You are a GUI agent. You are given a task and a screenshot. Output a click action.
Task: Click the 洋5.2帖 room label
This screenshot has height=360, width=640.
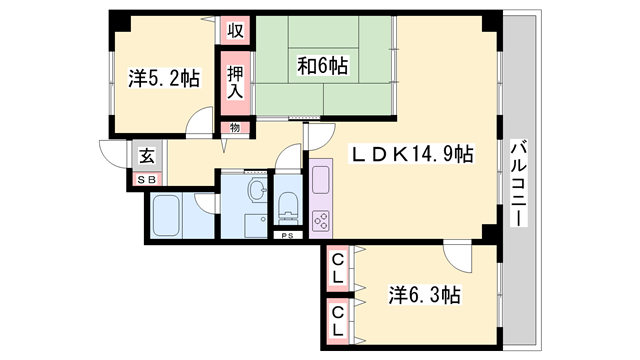click(162, 77)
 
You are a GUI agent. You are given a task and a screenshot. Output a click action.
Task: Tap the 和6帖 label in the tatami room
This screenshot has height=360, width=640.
click(322, 66)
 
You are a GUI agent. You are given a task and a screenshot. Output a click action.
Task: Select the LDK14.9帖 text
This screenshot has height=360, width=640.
click(410, 154)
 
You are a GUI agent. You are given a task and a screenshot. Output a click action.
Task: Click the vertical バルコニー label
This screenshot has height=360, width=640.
click(519, 186)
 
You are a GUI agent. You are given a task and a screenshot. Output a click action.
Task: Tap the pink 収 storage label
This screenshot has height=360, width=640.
click(235, 30)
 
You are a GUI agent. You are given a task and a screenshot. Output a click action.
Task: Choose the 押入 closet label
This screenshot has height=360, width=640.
click(235, 82)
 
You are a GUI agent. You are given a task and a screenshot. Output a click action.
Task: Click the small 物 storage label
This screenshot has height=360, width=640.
click(235, 127)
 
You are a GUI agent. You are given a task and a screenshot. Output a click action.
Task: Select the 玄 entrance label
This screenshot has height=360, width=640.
click(146, 155)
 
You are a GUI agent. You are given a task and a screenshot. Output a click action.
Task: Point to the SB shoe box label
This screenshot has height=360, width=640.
click(146, 180)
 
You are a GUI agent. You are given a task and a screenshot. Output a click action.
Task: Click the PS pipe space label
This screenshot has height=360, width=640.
click(287, 236)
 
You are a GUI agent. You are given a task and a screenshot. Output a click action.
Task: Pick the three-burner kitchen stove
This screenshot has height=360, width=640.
click(323, 218)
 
